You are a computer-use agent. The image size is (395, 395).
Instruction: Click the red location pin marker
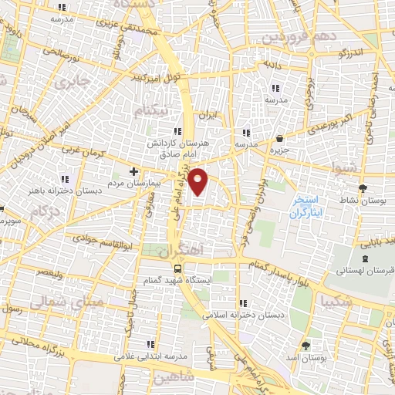click(x=198, y=181)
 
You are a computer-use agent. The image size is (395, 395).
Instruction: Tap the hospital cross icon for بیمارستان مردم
click(x=134, y=171)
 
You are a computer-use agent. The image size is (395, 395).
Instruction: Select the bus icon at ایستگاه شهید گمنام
click(x=178, y=269)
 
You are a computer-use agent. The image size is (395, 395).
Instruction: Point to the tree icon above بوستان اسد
click(x=306, y=345)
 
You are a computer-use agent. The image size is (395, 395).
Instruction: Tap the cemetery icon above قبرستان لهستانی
click(x=363, y=256)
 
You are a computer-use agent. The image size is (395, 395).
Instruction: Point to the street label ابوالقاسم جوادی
click(x=91, y=241)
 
